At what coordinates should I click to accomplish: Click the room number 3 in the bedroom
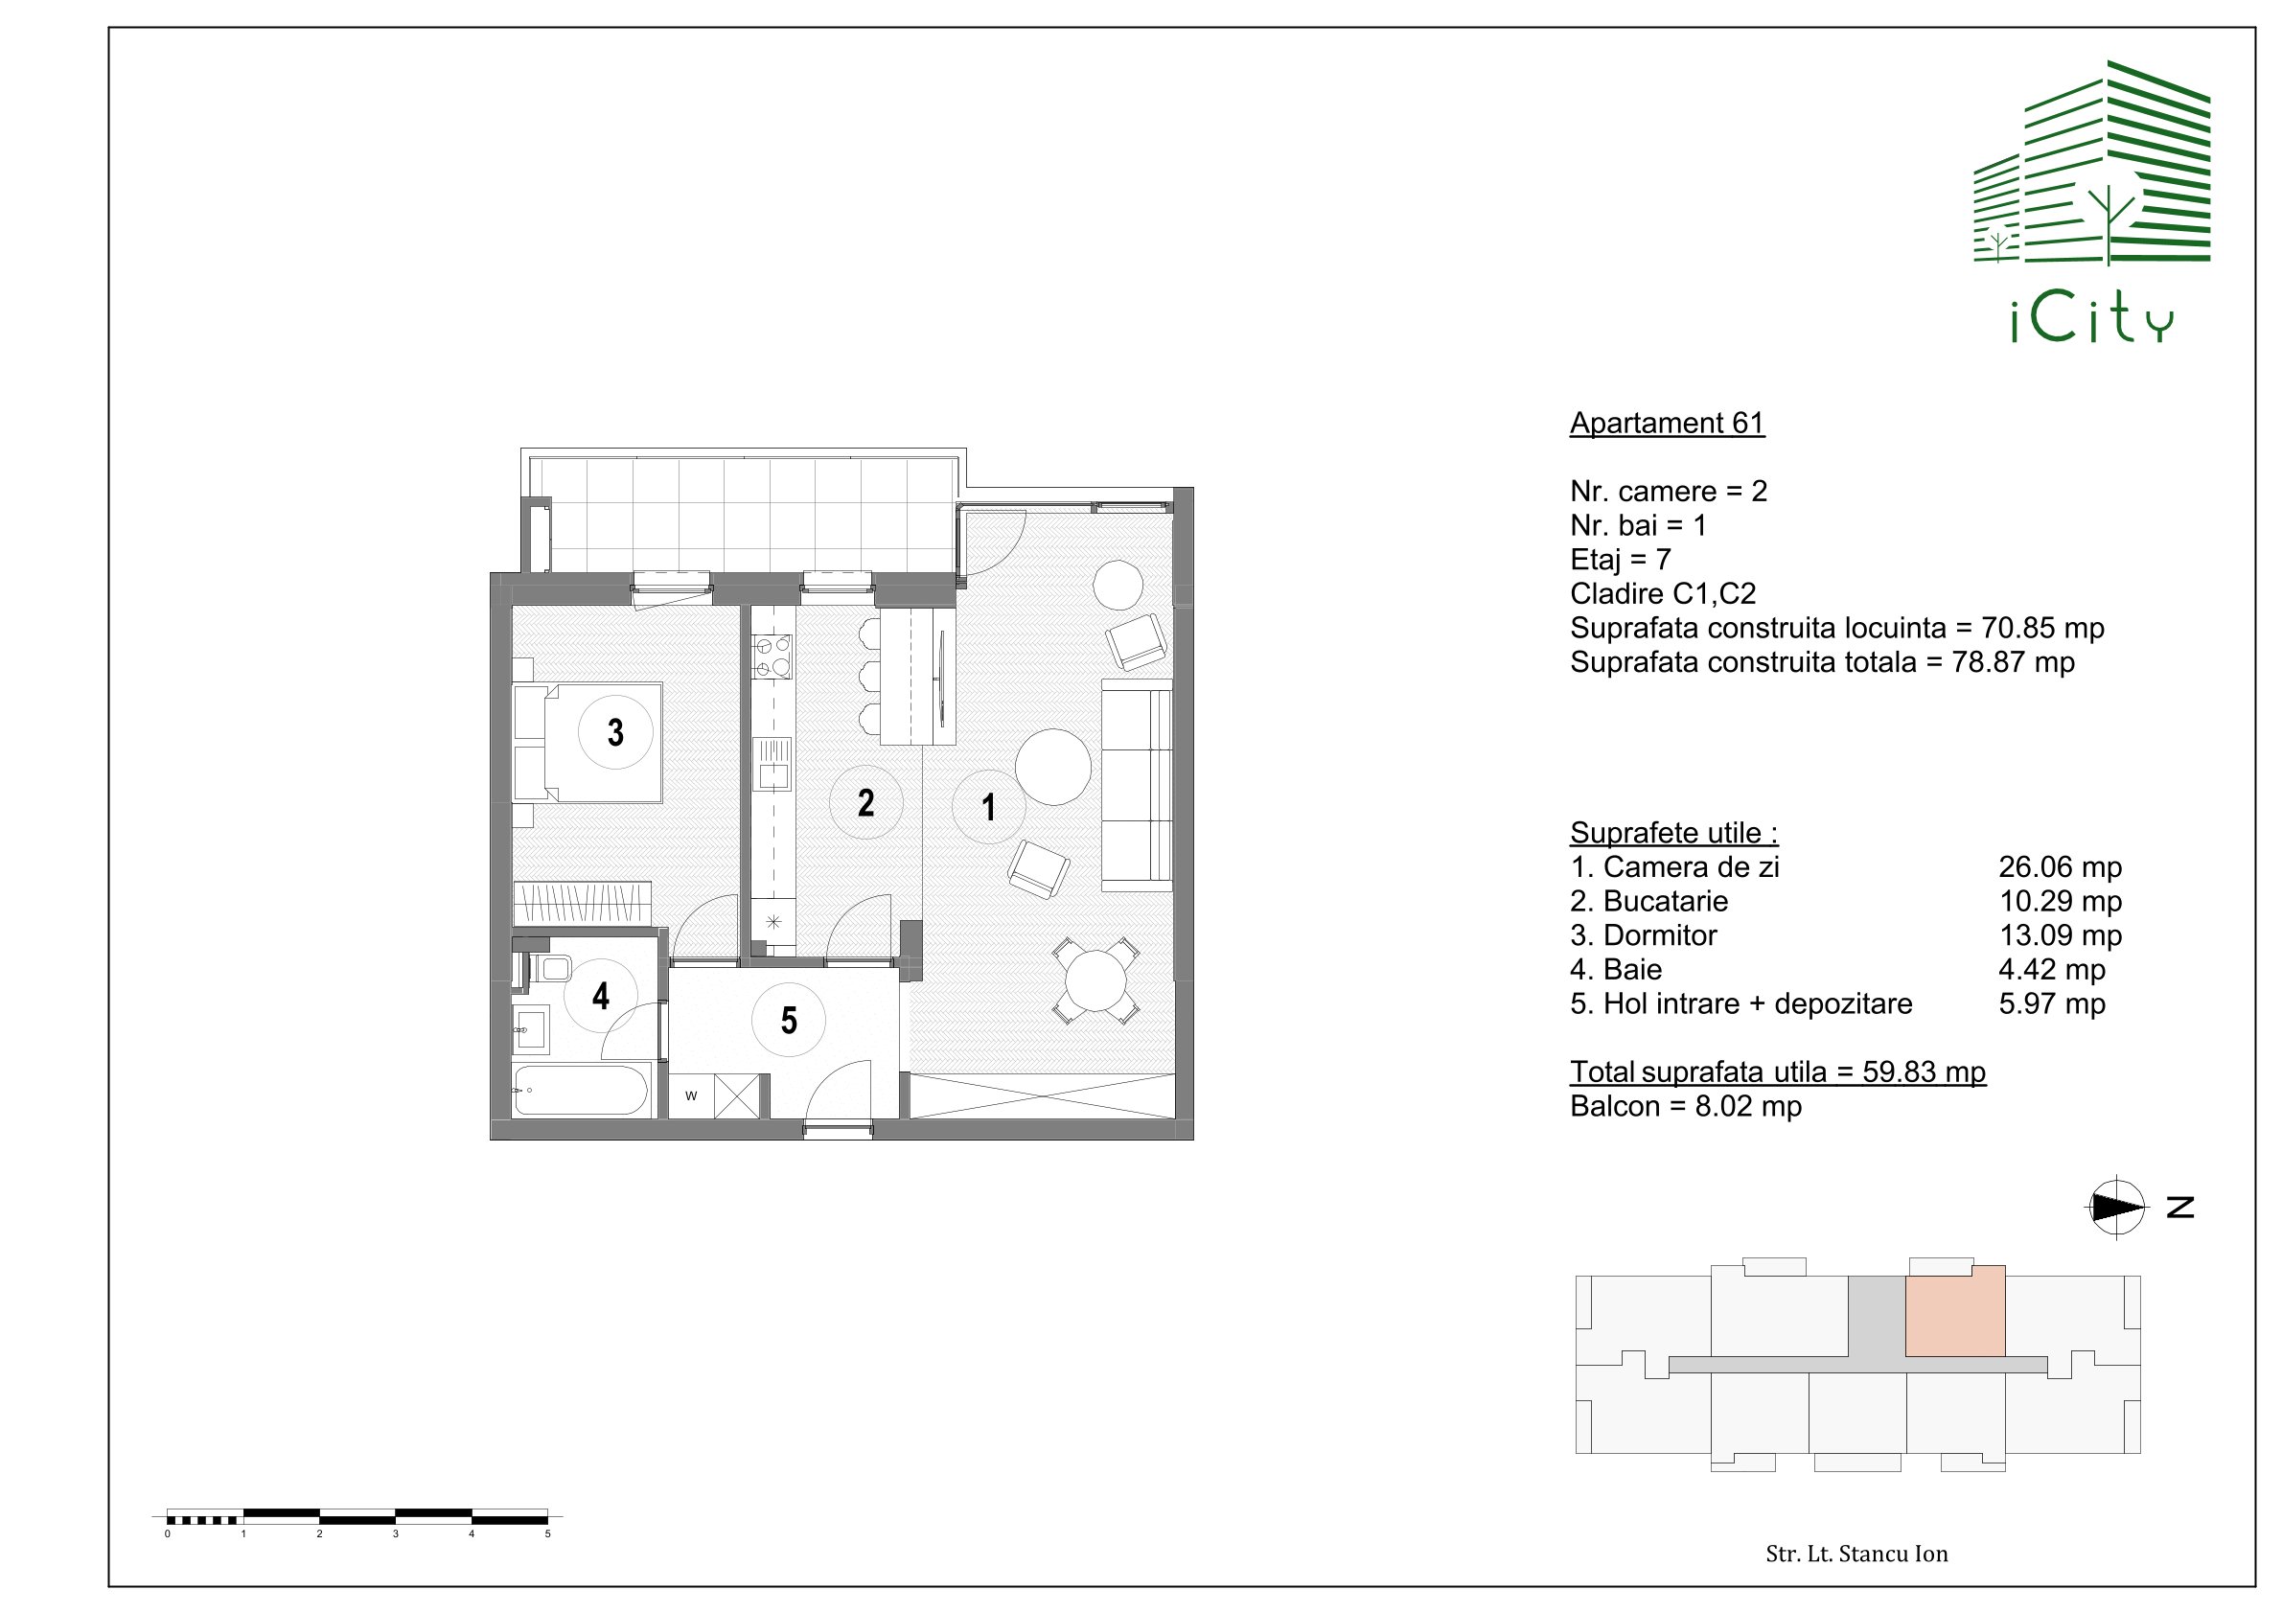click(615, 732)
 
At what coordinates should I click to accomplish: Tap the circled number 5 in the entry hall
click(788, 1020)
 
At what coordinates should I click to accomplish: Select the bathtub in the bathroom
click(583, 1090)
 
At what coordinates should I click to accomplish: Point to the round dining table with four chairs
click(1095, 980)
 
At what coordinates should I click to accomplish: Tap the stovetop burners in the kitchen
click(772, 657)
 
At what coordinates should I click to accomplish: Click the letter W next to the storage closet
click(691, 1096)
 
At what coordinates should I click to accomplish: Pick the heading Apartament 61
click(1667, 424)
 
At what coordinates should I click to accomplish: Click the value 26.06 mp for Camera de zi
click(2060, 866)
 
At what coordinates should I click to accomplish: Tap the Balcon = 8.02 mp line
click(1686, 1106)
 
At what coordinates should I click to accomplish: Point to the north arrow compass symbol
click(2116, 1207)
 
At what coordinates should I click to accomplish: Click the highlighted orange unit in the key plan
click(1954, 1311)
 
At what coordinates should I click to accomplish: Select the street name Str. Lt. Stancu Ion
click(1856, 1554)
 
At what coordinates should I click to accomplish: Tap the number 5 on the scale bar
click(547, 1533)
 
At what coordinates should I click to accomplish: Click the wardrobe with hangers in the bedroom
click(583, 904)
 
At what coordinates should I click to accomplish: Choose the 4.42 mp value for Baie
click(2051, 969)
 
